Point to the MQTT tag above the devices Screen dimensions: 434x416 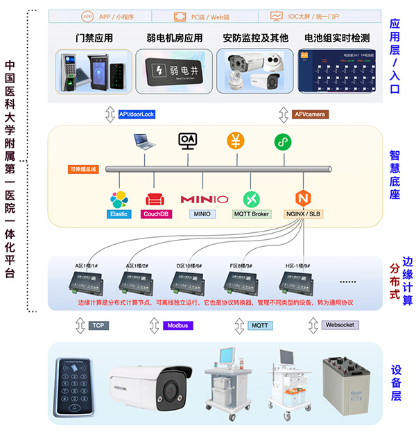coord(261,325)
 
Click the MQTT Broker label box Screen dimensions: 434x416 coord(252,214)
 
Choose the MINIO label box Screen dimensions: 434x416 coord(205,214)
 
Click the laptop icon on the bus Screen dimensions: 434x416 coord(146,142)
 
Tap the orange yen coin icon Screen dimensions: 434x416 coord(236,140)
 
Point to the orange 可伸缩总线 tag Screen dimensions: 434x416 coord(83,168)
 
